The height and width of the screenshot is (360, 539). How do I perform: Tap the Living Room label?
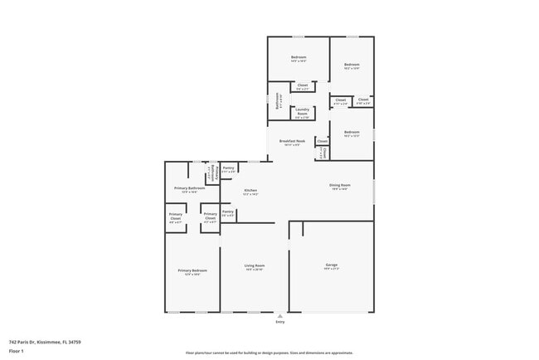(254, 267)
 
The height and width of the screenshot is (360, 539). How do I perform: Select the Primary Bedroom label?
(192, 271)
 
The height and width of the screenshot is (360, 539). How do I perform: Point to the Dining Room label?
(340, 187)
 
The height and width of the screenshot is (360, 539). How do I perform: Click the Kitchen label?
(250, 192)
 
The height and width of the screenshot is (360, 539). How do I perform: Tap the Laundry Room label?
(302, 111)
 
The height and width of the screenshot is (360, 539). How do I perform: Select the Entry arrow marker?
(280, 316)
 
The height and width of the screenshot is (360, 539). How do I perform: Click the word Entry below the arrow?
(280, 322)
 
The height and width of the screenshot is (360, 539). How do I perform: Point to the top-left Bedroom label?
(299, 58)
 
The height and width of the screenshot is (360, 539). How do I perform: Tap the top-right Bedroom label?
(352, 66)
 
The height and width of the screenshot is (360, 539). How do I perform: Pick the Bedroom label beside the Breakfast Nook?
(352, 133)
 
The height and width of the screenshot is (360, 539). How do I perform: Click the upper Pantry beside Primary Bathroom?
(228, 168)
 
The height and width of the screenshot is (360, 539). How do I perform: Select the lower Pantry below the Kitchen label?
(228, 212)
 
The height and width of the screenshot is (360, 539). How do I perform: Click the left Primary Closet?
(176, 221)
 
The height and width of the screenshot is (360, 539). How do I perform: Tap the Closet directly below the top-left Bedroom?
(303, 86)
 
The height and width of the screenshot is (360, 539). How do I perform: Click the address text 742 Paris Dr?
(45, 341)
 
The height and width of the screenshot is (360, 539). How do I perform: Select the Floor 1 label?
(17, 351)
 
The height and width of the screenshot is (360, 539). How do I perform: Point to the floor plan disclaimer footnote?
(269, 352)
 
